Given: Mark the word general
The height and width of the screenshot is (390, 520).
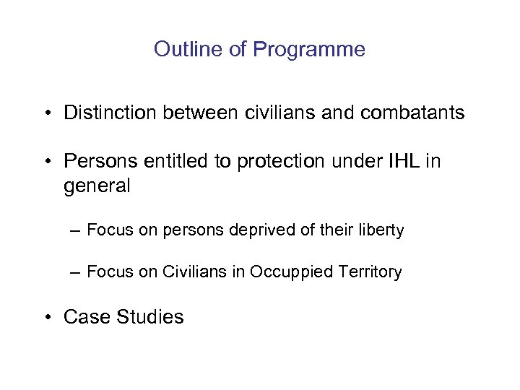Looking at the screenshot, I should (97, 186).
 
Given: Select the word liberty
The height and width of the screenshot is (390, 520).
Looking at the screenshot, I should (378, 230).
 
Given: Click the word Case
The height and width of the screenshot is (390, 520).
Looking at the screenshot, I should (84, 316).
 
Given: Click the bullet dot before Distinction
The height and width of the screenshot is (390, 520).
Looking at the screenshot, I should (45, 113).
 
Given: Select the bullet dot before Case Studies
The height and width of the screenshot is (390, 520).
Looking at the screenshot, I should (45, 317).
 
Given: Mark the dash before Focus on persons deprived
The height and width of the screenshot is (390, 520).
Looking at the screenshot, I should (76, 230).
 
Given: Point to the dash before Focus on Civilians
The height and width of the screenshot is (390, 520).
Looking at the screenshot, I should (76, 272).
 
